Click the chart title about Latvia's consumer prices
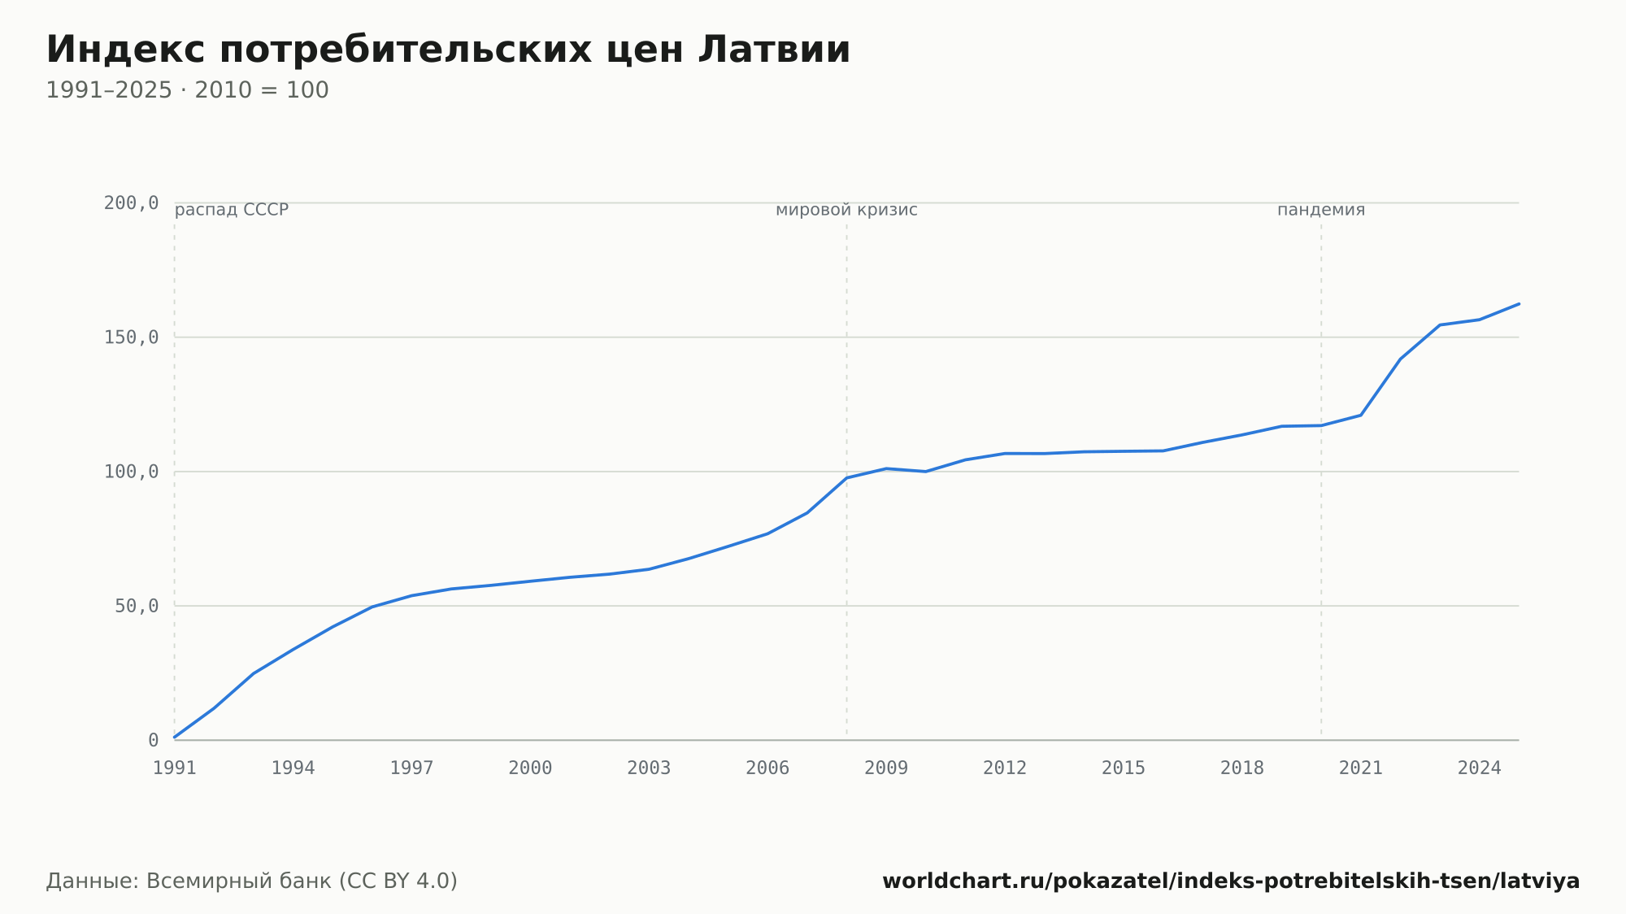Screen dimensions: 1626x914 448,50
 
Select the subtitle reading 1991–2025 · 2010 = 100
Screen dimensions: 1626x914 187,90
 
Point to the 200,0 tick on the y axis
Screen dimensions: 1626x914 131,203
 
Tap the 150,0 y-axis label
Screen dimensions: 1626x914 131,337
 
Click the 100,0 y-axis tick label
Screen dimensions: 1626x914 131,472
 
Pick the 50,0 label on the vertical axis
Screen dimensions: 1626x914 137,606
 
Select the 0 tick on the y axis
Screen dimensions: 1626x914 153,741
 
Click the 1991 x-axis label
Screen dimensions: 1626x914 175,768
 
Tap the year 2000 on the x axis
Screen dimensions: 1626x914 530,768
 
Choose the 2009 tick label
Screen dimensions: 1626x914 886,768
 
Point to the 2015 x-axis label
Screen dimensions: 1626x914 1124,768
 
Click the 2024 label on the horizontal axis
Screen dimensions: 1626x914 1480,768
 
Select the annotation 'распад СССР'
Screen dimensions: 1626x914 232,210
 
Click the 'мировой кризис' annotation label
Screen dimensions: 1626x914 846,210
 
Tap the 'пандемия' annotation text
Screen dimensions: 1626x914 1321,210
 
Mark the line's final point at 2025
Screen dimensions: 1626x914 1519,304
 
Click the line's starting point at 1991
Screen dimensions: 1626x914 175,737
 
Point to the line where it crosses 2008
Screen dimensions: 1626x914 846,478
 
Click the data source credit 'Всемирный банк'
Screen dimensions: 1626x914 237,881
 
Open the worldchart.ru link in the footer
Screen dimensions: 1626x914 1231,881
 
